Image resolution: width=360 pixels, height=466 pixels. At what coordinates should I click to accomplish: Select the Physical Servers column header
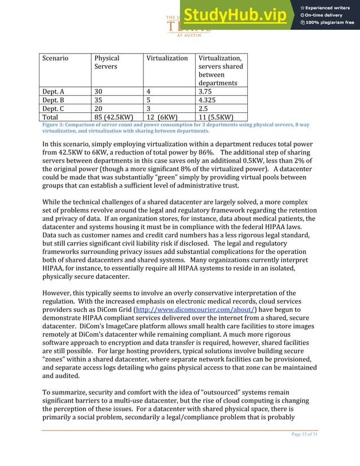[107, 62]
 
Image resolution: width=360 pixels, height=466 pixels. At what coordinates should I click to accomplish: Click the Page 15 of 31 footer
[300, 449]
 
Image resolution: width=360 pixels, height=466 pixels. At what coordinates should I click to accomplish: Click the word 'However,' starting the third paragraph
[58, 293]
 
